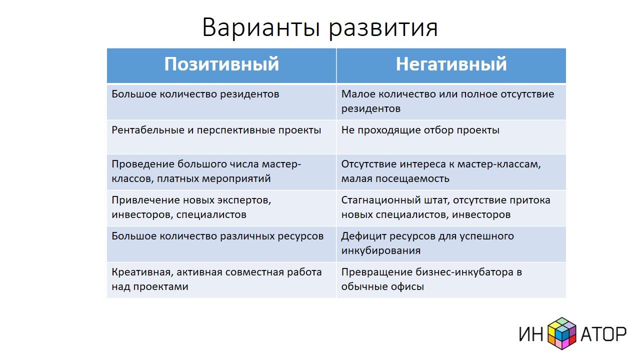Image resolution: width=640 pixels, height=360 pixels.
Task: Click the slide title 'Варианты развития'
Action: (320, 27)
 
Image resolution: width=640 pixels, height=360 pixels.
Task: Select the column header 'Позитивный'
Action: (221, 64)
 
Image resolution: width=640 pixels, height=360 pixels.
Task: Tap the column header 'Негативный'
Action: (451, 64)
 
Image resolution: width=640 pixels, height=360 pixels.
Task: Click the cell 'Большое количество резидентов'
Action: (195, 94)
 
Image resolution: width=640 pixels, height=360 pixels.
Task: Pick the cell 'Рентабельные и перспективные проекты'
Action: (216, 130)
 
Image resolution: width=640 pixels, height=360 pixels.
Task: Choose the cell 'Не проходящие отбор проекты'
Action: (420, 130)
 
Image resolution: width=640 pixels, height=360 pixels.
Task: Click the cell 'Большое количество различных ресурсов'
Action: (217, 236)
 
